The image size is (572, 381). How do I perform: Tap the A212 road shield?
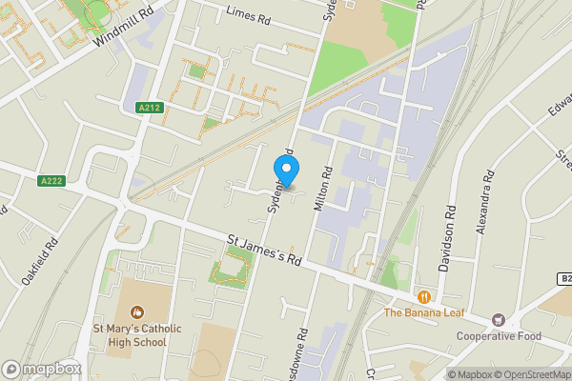tap(148, 108)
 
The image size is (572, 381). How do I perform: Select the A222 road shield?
tap(51, 180)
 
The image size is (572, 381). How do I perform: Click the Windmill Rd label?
tap(124, 30)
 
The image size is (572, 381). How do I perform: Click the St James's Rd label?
tap(265, 250)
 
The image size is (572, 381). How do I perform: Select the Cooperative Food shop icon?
tap(498, 320)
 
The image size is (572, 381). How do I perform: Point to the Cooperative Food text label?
tap(498, 336)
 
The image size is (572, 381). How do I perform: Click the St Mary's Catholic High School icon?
tap(137, 311)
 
